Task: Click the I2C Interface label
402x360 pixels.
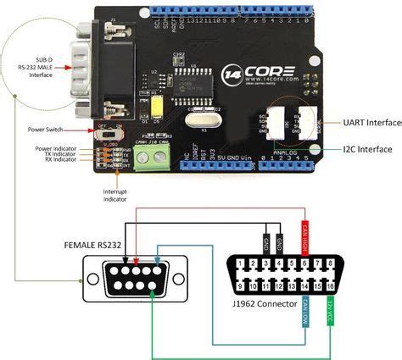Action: tap(362, 150)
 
